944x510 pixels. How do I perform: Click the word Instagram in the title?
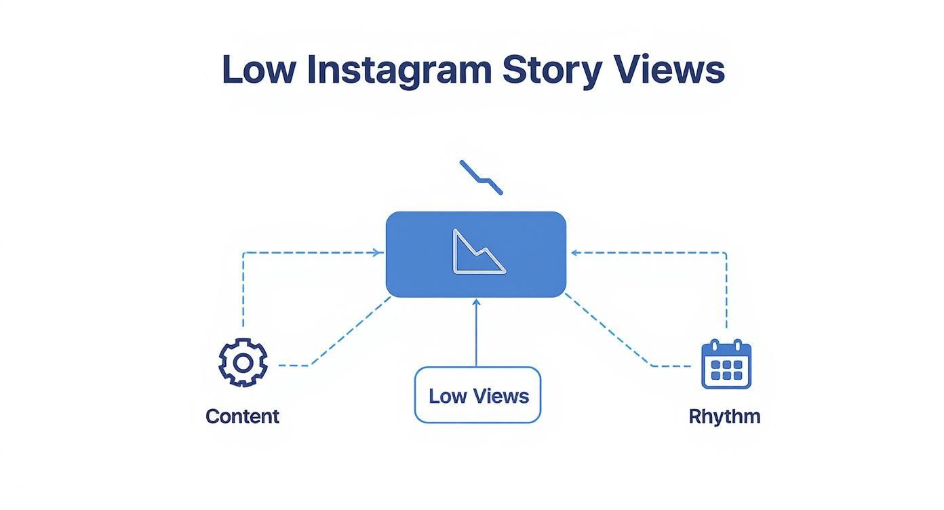pyautogui.click(x=399, y=70)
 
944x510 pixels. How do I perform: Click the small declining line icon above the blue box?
pyautogui.click(x=481, y=177)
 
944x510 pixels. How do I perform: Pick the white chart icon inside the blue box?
pyautogui.click(x=478, y=253)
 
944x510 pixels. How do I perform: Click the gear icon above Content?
pyautogui.click(x=243, y=363)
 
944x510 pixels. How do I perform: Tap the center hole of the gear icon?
pyautogui.click(x=243, y=363)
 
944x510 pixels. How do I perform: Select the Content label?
pyautogui.click(x=242, y=416)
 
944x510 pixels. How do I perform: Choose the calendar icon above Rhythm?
pyautogui.click(x=726, y=364)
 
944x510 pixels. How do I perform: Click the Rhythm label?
pyautogui.click(x=724, y=416)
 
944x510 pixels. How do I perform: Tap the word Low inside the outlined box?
pyautogui.click(x=448, y=396)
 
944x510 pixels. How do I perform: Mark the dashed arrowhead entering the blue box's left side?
pyautogui.click(x=378, y=253)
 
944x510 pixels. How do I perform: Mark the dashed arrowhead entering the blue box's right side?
pyautogui.click(x=574, y=253)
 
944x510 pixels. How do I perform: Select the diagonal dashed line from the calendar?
pyautogui.click(x=608, y=332)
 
